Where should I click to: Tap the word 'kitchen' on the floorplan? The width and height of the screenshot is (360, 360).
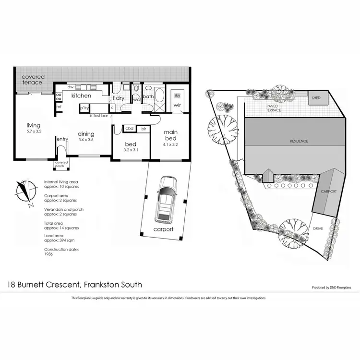click(81, 96)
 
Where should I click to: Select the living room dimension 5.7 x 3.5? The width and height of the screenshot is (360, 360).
click(34, 131)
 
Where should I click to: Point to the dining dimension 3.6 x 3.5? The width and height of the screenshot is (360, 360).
click(86, 140)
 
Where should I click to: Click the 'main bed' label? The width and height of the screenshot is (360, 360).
click(171, 134)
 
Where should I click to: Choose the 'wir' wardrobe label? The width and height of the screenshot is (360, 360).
click(177, 105)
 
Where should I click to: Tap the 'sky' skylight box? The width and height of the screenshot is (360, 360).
click(177, 96)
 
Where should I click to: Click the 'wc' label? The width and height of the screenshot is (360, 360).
click(136, 100)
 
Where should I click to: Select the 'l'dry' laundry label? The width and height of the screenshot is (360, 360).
click(119, 98)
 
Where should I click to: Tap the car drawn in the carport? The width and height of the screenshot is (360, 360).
click(166, 201)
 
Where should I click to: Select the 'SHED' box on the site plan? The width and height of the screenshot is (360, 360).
click(316, 98)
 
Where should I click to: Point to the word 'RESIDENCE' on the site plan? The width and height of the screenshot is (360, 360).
click(298, 141)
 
